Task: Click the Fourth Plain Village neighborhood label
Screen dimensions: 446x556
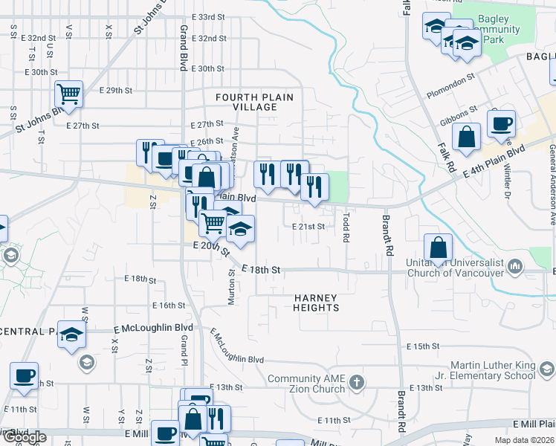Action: point(254,102)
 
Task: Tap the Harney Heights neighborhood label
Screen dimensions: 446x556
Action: point(316,303)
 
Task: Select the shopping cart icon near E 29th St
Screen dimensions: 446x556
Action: point(68,94)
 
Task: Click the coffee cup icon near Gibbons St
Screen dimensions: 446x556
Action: point(502,123)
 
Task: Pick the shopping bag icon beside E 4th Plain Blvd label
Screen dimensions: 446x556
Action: point(466,138)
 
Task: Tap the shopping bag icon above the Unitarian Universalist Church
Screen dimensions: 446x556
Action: point(439,248)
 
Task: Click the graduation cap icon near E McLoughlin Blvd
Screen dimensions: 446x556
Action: point(71,334)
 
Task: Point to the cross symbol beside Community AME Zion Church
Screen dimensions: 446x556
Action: point(357,382)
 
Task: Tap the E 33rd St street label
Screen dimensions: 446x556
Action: point(207,16)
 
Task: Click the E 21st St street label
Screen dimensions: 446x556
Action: point(308,226)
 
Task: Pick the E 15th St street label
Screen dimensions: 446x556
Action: point(424,346)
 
